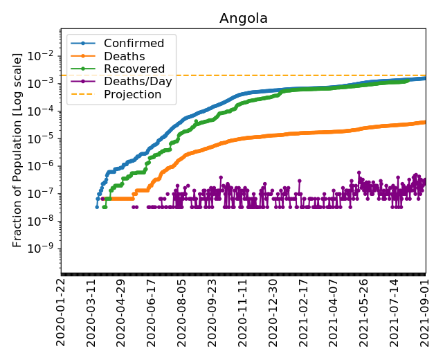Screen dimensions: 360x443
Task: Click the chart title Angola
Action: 243,18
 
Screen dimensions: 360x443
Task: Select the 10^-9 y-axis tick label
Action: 44,249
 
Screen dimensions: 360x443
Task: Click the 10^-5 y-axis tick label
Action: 44,138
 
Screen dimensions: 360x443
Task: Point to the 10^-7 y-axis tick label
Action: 44,193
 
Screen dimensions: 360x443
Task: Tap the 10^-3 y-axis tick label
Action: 44,83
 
